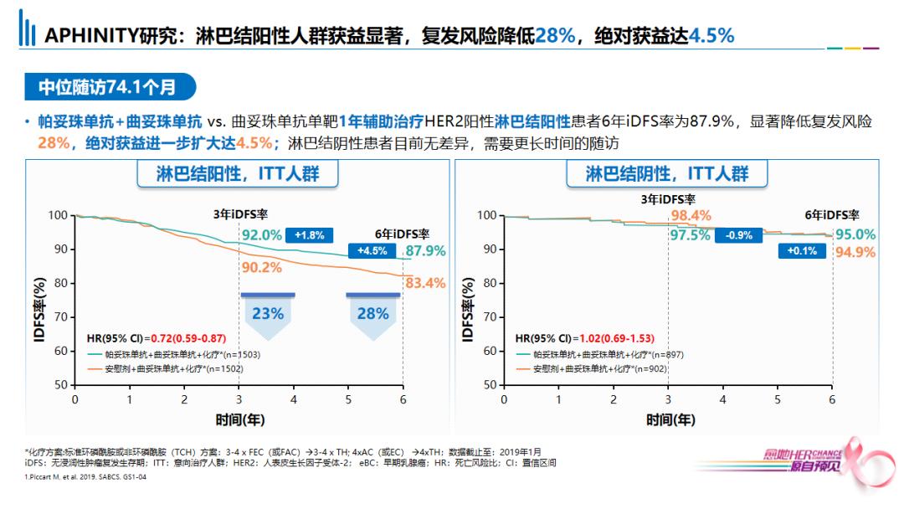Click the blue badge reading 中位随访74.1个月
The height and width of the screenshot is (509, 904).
pos(109,86)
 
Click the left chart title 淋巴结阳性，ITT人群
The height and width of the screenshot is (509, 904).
pos(239,174)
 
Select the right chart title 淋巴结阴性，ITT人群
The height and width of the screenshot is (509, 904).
pos(667,174)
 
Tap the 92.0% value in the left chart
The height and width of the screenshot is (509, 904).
pos(262,235)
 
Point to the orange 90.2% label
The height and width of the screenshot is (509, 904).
pos(261,268)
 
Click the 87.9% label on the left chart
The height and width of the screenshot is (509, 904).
pos(425,251)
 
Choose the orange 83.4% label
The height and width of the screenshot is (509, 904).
pos(425,284)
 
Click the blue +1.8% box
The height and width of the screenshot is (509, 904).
pos(310,235)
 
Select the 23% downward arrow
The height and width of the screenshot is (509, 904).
pos(267,316)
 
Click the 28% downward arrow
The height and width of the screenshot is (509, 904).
pos(372,316)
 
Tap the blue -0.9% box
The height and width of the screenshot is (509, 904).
pos(739,235)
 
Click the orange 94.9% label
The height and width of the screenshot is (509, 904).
pos(855,252)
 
